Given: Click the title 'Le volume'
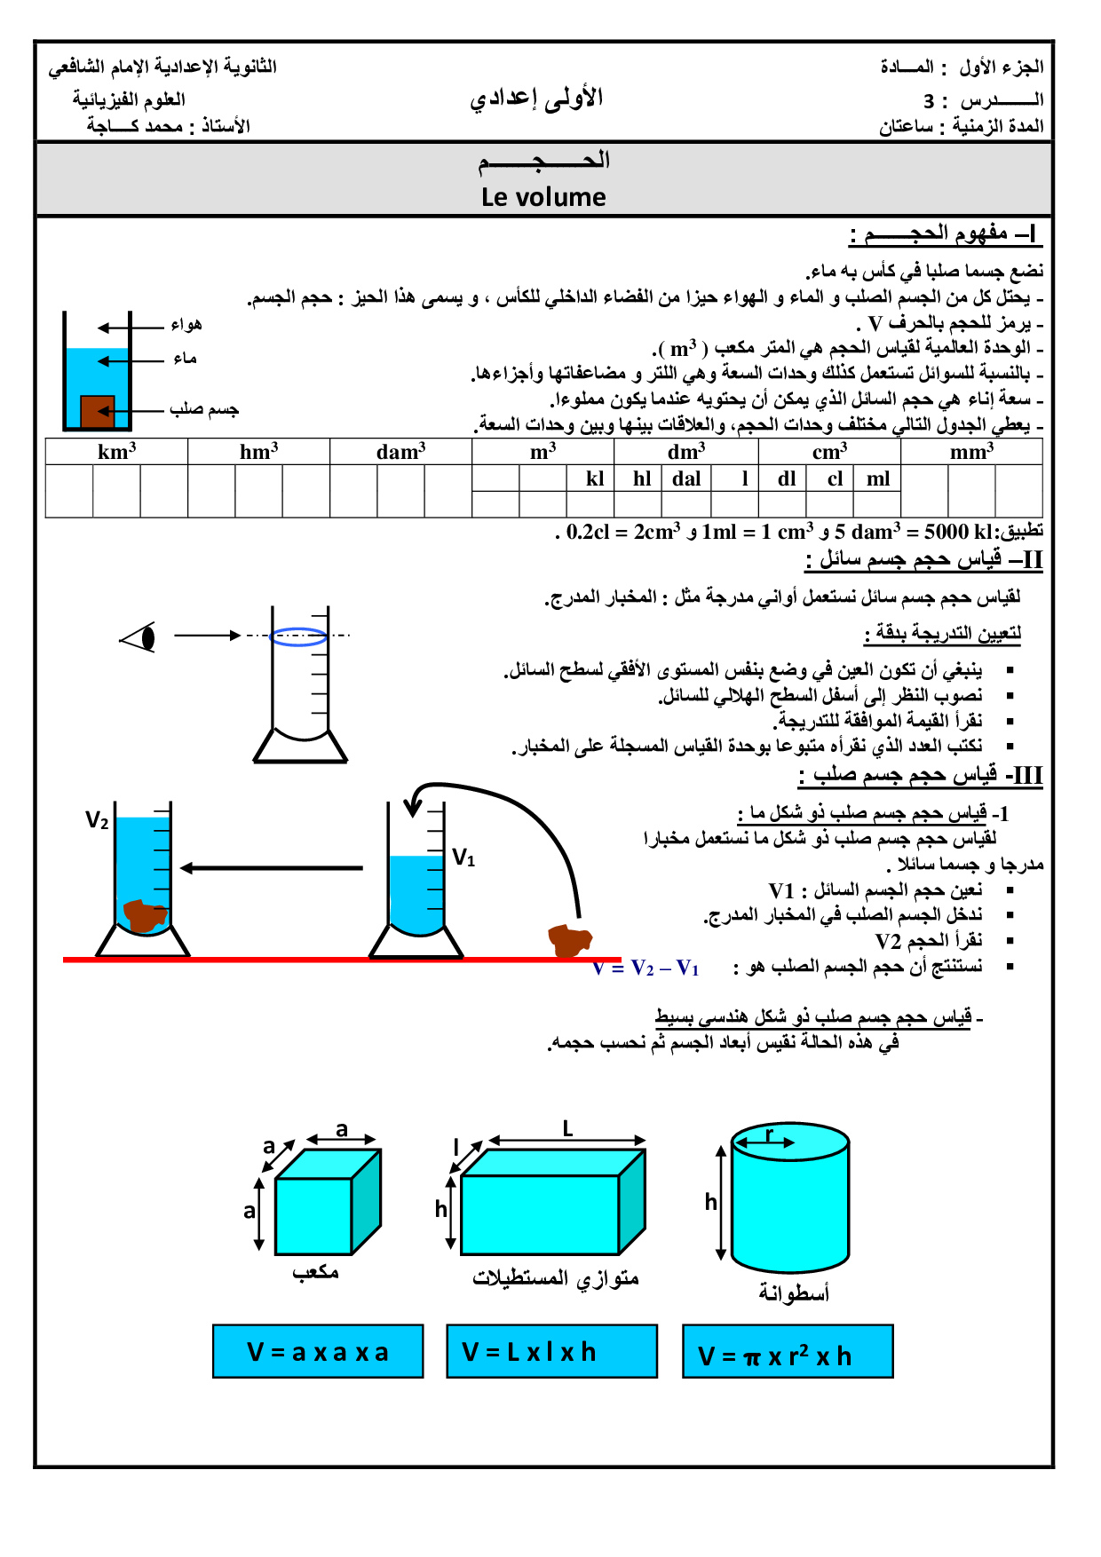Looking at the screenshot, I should (x=543, y=197).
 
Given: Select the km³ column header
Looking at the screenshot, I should (x=116, y=451).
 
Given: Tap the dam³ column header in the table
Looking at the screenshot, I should (x=400, y=451).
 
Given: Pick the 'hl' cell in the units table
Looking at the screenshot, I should (x=642, y=478).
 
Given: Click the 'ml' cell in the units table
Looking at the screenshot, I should (x=877, y=478).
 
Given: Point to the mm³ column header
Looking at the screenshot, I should (x=971, y=451).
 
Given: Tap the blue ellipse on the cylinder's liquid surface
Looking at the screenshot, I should (x=298, y=636).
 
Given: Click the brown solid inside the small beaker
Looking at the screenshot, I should (x=98, y=411).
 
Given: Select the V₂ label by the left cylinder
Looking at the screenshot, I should (x=97, y=820).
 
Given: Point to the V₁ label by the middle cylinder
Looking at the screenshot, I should (x=463, y=858).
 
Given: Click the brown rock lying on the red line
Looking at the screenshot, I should (x=569, y=940).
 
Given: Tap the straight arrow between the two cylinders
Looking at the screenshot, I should (x=271, y=867).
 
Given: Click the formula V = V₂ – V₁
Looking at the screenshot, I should (x=646, y=968).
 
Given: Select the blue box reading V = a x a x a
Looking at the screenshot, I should (x=318, y=1351).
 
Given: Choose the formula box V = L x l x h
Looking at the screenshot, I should (x=551, y=1351).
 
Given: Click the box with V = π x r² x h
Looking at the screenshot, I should (x=788, y=1351).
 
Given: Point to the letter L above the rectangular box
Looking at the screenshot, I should (x=567, y=1129).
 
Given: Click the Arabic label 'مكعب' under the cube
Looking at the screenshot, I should (x=315, y=1271).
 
